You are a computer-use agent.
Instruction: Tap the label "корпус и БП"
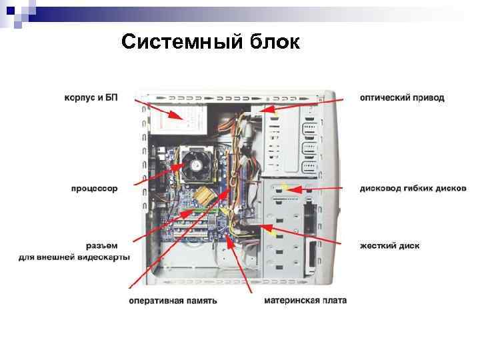tap(91, 97)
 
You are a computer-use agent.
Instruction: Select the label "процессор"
tap(94, 189)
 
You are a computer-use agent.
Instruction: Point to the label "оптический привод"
tap(402, 97)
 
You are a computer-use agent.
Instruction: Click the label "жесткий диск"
tap(389, 245)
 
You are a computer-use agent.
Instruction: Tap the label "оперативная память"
tap(173, 301)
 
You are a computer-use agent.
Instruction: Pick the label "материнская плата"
tap(305, 301)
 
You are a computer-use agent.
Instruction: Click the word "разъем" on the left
tap(101, 245)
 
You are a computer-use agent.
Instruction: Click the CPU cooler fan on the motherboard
tap(197, 162)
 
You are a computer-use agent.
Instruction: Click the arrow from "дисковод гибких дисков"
tap(320, 189)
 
